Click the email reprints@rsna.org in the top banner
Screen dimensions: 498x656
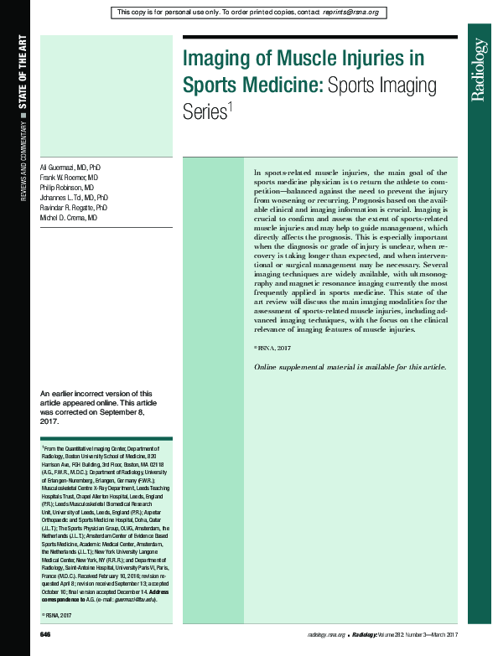pos(351,13)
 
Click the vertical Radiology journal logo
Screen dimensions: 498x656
pos(478,70)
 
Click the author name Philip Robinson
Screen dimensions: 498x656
pos(68,188)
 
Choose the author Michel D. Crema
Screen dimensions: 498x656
pos(69,217)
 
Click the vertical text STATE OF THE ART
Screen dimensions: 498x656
pos(23,75)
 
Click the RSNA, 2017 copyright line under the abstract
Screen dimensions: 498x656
pos(272,347)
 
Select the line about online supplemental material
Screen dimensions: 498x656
pos(350,368)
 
